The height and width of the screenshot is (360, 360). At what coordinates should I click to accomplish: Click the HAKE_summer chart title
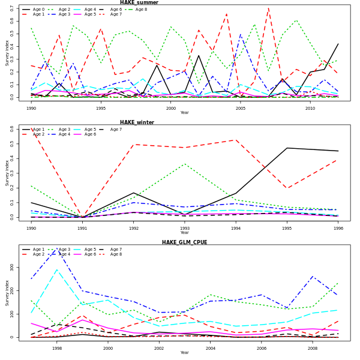pos(139,2)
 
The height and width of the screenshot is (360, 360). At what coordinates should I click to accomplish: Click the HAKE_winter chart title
pos(137,122)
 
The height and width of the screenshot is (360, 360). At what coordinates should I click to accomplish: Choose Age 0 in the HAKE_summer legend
pos(34,10)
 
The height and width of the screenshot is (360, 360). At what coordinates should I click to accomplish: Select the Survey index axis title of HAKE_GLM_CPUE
pos(7,293)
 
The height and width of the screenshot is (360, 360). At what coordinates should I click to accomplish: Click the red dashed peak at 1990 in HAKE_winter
pos(31,128)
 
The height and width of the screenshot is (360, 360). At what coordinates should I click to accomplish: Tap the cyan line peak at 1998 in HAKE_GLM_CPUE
pos(57,269)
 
